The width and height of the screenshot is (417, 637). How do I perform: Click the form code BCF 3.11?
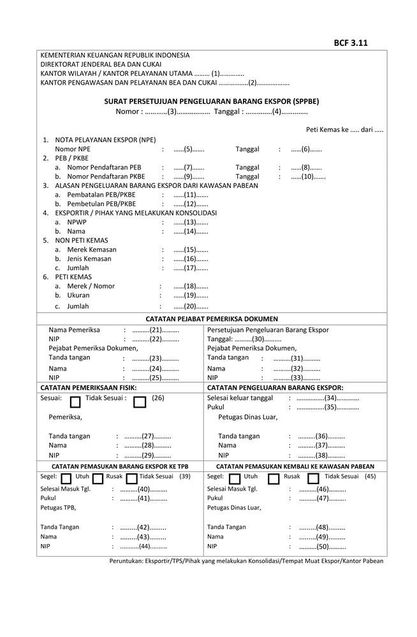coord(350,43)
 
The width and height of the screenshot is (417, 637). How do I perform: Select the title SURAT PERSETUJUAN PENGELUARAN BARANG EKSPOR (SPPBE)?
coord(212,101)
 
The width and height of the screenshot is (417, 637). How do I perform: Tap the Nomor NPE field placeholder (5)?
coord(189,149)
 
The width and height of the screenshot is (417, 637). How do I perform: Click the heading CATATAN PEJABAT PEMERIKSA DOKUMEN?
coord(212,319)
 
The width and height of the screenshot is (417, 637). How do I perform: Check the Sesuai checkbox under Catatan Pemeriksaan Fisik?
coord(75,402)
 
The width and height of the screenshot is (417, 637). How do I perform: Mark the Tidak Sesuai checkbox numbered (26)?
coord(140,402)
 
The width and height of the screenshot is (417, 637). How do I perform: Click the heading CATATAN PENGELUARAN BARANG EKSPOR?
coord(275,387)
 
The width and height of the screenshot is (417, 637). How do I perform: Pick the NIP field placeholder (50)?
coord(322,547)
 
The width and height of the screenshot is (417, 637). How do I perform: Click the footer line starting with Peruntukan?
coord(246,561)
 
